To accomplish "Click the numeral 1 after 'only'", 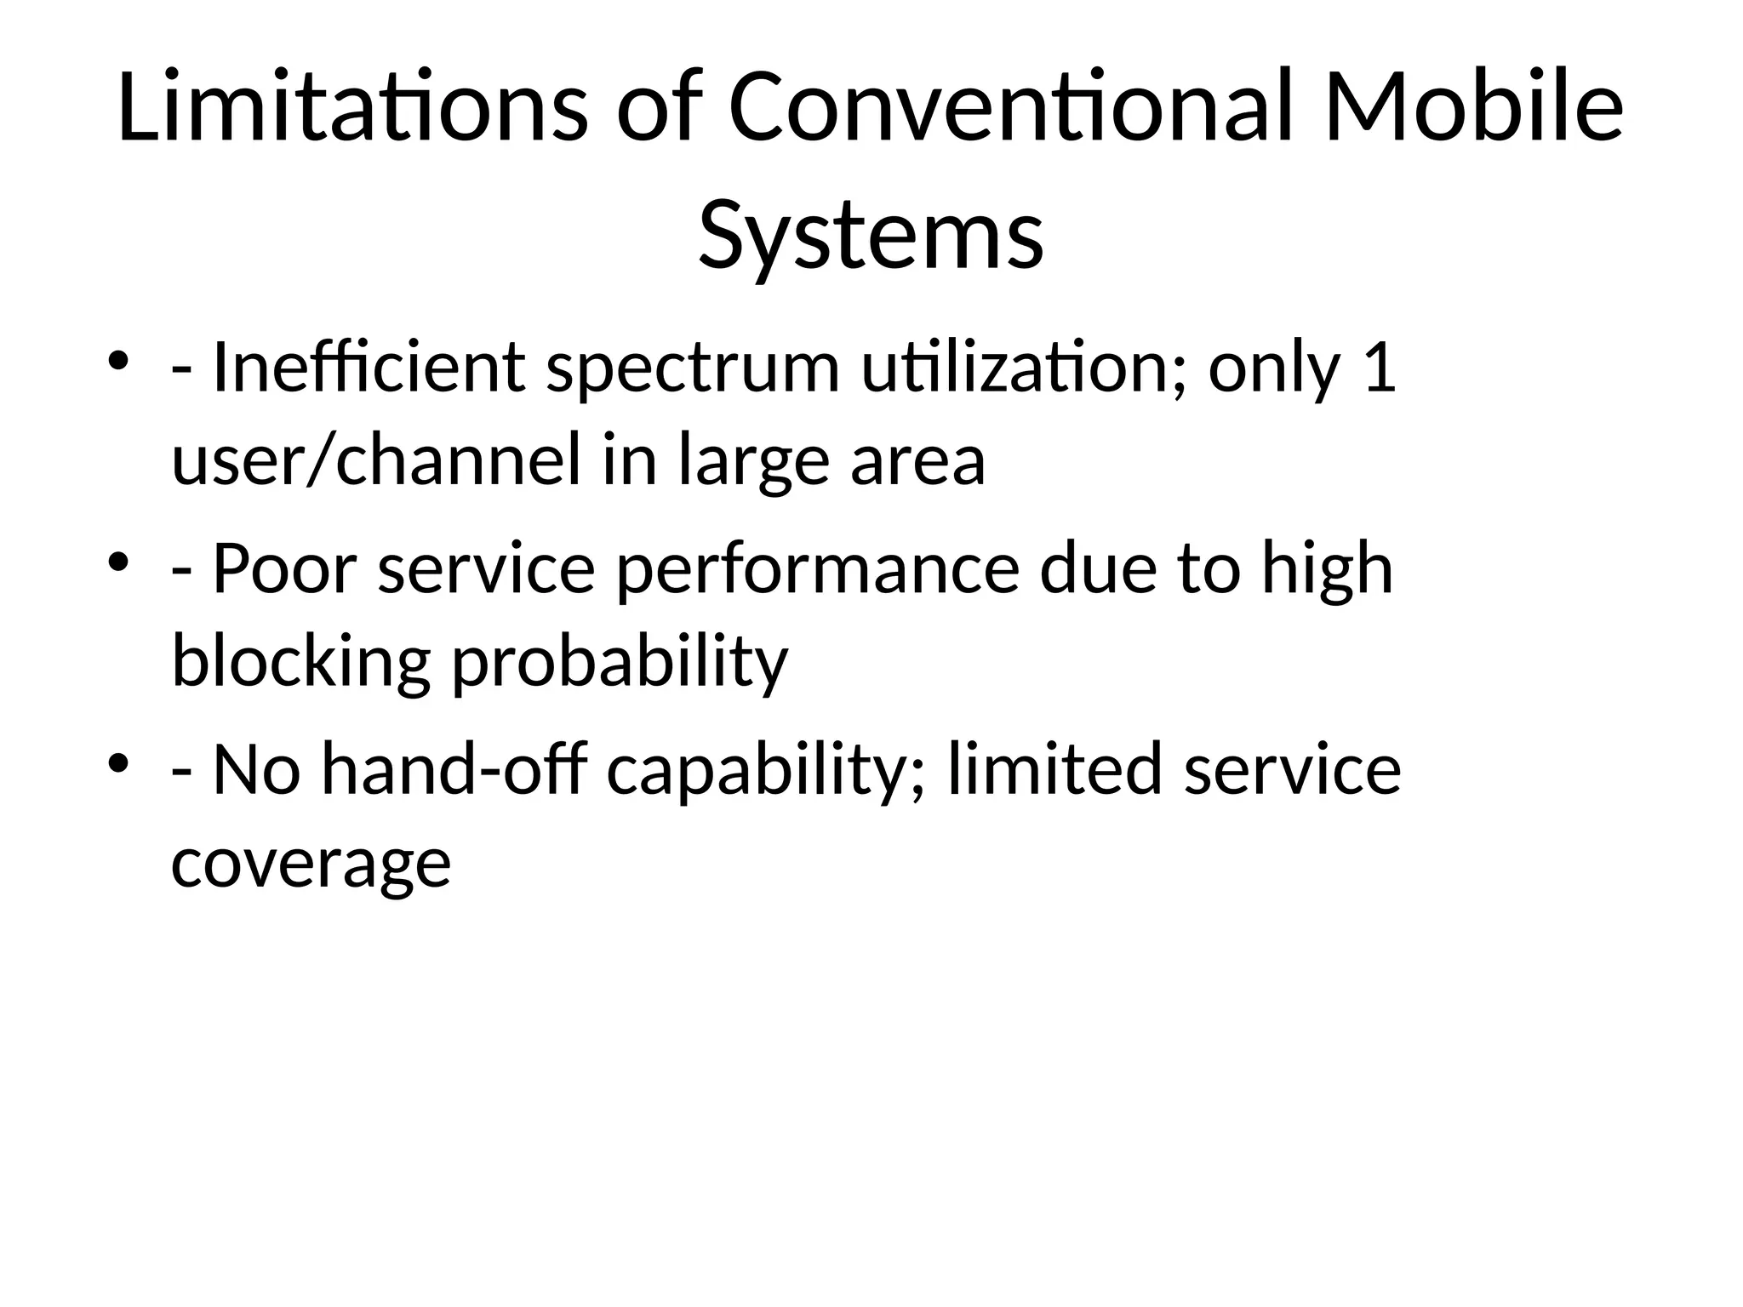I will [x=1379, y=368].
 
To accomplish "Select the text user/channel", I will [x=375, y=459].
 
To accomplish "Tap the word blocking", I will [x=300, y=660].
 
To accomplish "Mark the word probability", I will [x=620, y=660].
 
